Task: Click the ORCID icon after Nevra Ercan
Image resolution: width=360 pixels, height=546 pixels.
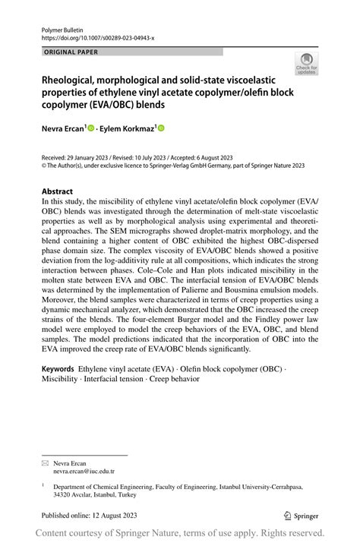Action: coord(92,129)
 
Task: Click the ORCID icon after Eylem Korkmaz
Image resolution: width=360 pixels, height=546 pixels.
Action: coord(161,129)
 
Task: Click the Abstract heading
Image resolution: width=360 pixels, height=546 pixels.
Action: coord(57,191)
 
